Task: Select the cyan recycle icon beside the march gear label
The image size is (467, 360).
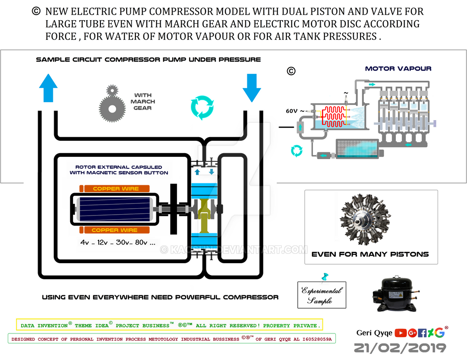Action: point(202,107)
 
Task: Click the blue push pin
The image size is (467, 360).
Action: point(326,277)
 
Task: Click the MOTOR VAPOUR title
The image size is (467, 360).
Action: point(398,69)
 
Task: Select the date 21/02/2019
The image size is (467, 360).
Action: point(400,348)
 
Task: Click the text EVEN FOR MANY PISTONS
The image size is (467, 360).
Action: point(370,254)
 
